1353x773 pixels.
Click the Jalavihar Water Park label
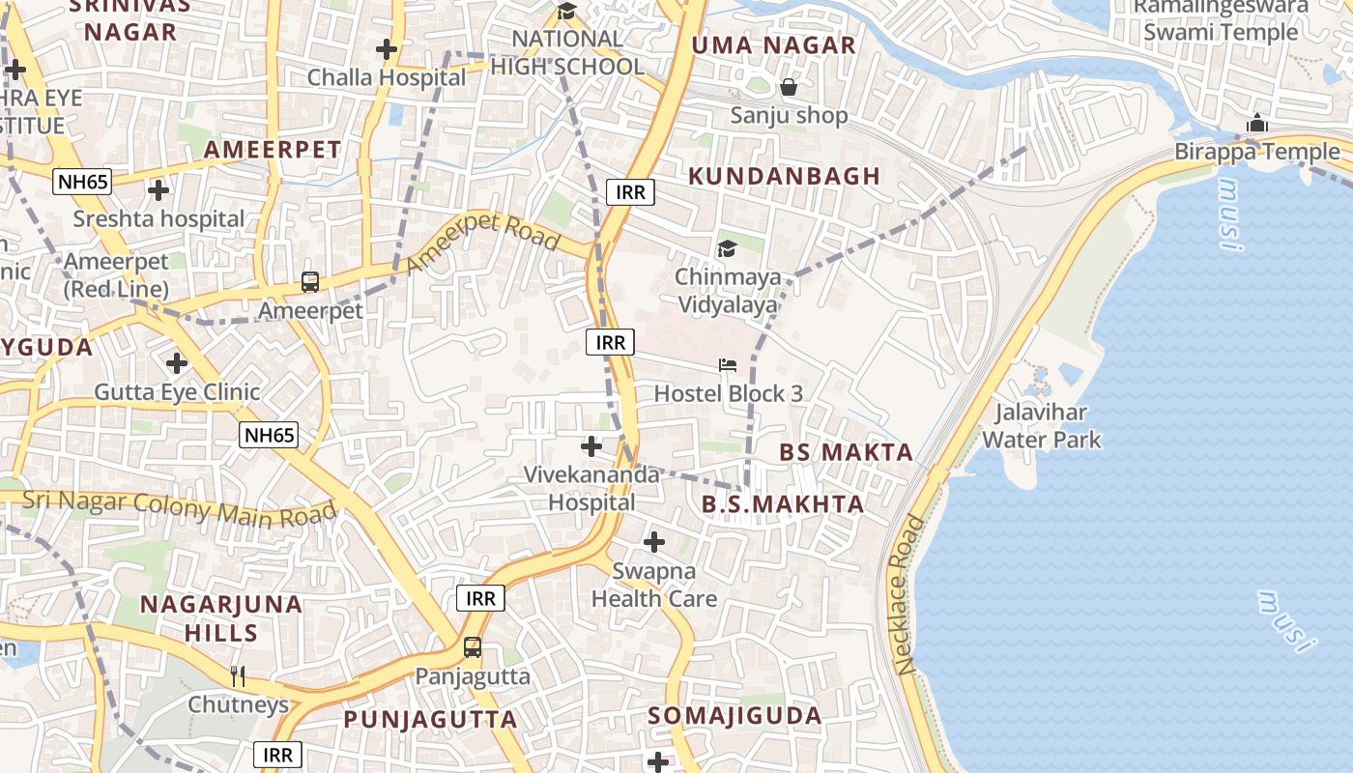pos(1041,426)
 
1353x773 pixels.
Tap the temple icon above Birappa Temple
pos(1256,124)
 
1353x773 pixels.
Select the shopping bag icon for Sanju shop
pos(789,88)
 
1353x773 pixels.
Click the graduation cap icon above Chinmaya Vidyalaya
pos(727,249)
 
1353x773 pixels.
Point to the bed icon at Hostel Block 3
pos(727,365)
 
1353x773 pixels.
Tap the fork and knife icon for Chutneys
pos(238,676)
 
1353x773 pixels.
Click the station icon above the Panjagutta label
pos(473,647)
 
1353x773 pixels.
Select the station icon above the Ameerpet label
pos(309,282)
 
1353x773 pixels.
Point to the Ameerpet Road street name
pos(483,243)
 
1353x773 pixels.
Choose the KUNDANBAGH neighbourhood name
pos(784,176)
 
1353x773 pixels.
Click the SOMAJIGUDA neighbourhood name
pos(734,716)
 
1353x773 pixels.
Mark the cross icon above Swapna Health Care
pos(654,542)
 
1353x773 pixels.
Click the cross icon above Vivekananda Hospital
pos(590,446)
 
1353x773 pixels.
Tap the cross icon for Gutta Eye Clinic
pos(176,363)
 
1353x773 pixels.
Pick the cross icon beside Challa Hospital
pos(387,48)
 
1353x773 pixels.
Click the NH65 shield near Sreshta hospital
pos(83,181)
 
